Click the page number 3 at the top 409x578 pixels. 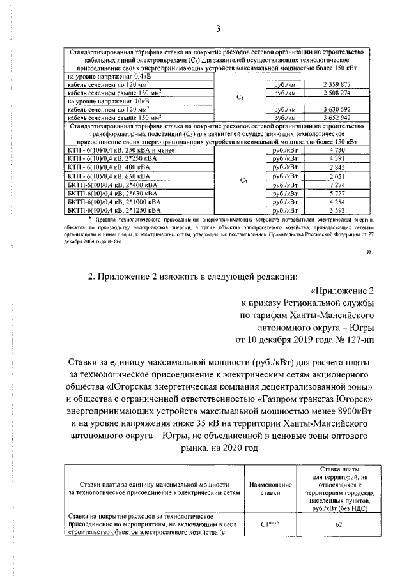point(217,29)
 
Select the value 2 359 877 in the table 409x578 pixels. point(337,84)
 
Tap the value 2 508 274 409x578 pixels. point(337,93)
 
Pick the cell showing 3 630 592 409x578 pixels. point(337,109)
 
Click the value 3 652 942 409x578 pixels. point(337,118)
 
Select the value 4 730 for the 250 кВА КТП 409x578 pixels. point(337,149)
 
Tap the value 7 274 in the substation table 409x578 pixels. point(337,184)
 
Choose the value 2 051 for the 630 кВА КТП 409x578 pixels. point(337,176)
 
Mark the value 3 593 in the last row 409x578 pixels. point(337,209)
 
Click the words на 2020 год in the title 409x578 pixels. point(240,448)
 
